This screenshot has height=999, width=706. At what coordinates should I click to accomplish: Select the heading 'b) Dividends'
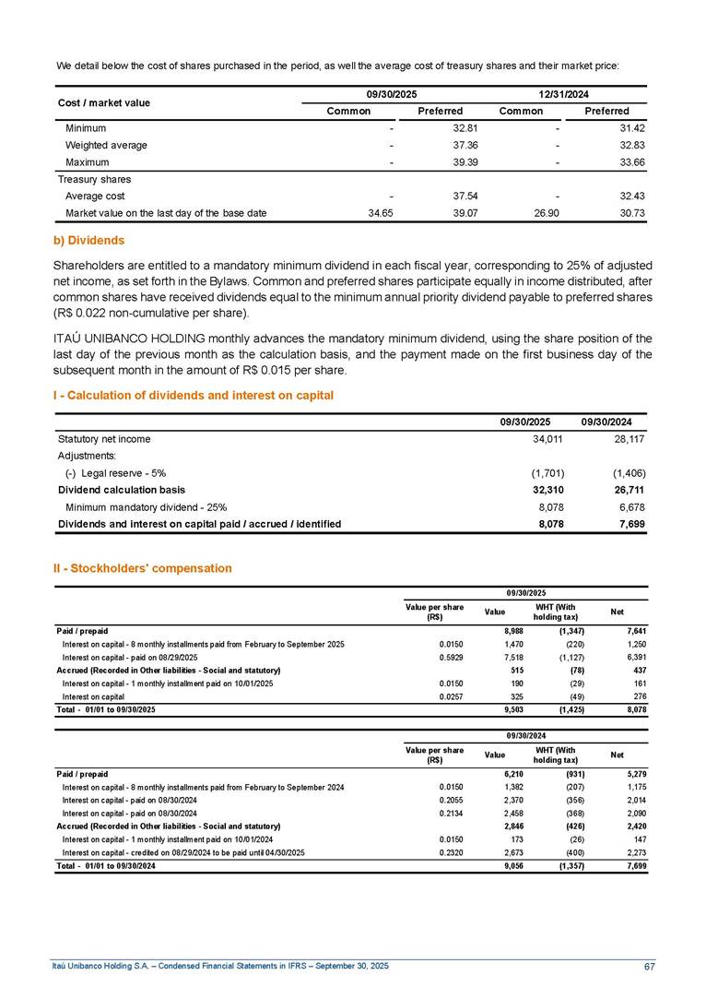click(x=88, y=240)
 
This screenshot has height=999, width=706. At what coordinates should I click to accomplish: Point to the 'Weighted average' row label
click(x=106, y=145)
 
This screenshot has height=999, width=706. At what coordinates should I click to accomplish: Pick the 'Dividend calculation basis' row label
click(x=121, y=489)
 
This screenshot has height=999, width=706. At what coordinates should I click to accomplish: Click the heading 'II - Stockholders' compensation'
click(x=142, y=568)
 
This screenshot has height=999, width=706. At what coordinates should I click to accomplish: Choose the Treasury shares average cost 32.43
click(x=613, y=196)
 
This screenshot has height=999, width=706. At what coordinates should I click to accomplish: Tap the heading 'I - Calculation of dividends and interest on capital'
click(x=193, y=395)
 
